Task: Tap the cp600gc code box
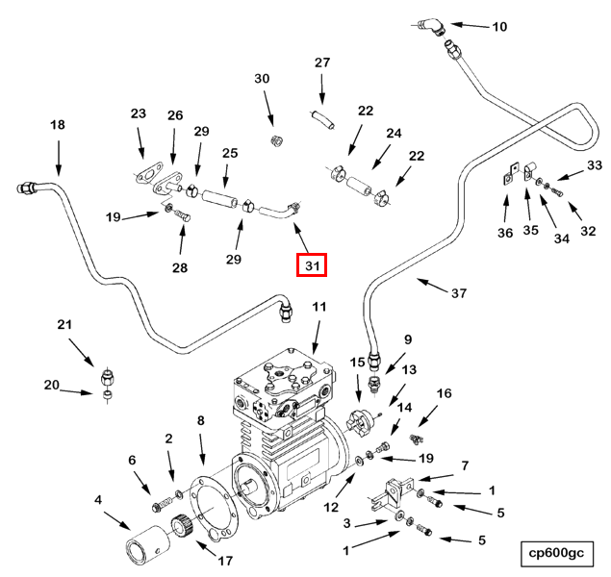556,553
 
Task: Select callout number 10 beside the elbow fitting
498,27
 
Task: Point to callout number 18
58,125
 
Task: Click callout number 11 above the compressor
319,308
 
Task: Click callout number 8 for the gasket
201,420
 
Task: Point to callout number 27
322,63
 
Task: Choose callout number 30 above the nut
262,79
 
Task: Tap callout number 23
139,114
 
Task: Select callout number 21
65,325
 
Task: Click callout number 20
51,386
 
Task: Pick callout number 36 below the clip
505,232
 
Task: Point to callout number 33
594,166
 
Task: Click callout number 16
444,393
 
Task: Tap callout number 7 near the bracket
464,465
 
